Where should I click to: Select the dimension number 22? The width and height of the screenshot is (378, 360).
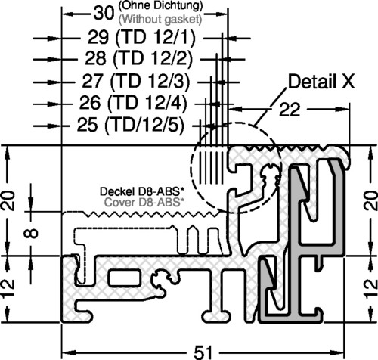tap(290, 110)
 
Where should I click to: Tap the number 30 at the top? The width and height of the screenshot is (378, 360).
tap(104, 13)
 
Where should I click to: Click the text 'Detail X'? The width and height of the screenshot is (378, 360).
tap(321, 82)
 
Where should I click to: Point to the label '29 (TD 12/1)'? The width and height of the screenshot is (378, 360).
tap(141, 38)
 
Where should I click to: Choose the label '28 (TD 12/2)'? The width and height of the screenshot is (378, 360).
tap(139, 59)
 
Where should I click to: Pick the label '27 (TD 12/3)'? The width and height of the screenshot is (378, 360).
tap(136, 82)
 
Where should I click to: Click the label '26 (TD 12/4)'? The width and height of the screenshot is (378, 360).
tap(133, 103)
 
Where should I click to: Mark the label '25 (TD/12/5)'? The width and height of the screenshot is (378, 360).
tap(131, 126)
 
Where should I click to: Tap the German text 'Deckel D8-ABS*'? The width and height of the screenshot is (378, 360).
tap(141, 191)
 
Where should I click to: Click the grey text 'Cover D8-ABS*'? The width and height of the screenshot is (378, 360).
tap(142, 202)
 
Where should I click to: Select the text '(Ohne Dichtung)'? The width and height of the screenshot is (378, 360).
tap(161, 5)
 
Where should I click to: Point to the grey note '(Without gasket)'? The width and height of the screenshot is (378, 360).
tap(160, 19)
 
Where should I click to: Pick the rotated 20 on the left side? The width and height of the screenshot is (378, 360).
tap(8, 200)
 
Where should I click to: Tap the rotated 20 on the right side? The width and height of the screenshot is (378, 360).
tap(371, 201)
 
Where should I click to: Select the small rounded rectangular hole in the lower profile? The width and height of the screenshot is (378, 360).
tap(125, 277)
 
